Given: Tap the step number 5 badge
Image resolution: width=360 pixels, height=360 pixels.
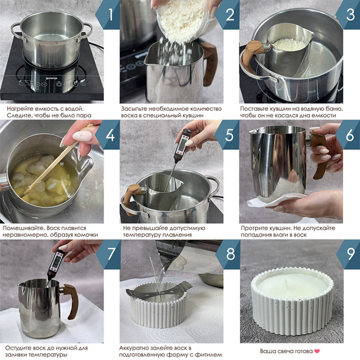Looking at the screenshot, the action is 228,134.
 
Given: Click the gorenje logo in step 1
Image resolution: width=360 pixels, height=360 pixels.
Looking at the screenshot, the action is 51,78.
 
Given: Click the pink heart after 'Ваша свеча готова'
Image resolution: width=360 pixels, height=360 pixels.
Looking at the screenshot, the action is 317,351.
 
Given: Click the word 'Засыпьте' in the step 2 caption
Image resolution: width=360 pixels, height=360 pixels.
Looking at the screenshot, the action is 134,108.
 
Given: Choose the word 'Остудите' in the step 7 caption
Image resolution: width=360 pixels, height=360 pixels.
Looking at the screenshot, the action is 18,348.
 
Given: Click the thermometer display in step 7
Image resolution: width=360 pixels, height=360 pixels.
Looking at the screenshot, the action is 56,262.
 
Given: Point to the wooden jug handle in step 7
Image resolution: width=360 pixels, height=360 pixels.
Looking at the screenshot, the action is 72,301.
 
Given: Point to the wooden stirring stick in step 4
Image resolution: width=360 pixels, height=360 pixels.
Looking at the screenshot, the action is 59,158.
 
